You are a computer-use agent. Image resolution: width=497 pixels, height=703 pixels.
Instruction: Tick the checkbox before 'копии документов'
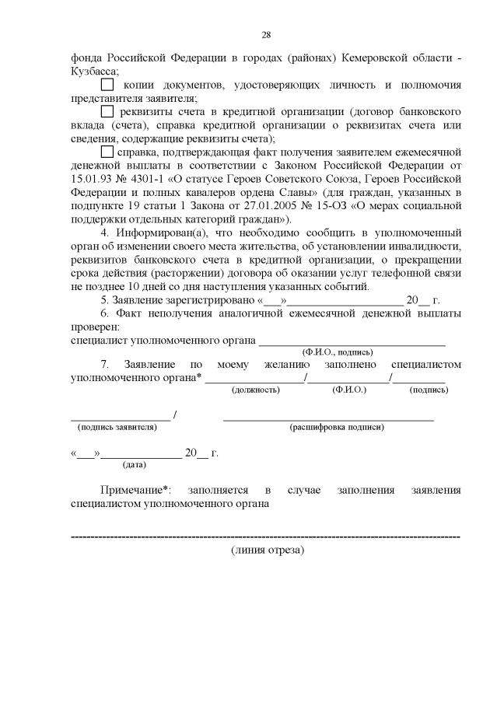point(108,84)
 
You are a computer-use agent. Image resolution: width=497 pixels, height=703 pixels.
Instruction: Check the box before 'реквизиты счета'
point(108,111)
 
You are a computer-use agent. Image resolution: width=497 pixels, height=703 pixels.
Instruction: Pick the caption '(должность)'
point(255,389)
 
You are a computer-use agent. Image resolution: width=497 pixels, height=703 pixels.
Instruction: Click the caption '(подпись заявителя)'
point(116,426)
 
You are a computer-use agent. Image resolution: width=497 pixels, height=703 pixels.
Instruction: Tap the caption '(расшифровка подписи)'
point(336,426)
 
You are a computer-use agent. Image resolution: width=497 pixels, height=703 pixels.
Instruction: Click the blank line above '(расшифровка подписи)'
point(328,418)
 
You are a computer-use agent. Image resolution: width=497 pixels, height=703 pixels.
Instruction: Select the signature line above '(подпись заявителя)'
point(120,418)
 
